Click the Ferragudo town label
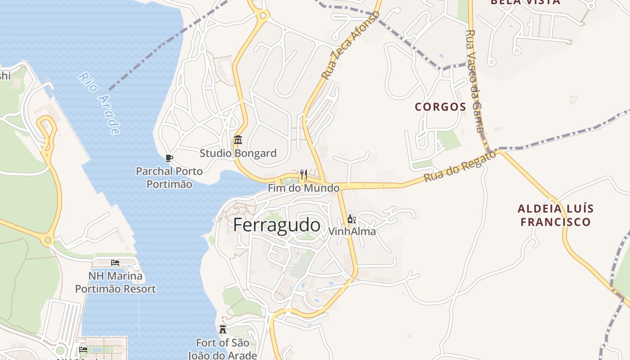(277, 225)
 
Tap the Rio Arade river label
(99, 103)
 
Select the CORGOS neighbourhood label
(440, 107)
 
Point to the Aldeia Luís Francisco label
(555, 215)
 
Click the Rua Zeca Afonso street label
(351, 45)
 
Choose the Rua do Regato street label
(459, 166)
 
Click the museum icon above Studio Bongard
(238, 140)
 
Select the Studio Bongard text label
(238, 153)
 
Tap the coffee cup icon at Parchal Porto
(169, 158)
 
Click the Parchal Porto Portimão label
(169, 178)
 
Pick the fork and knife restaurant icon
(304, 174)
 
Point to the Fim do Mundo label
(304, 188)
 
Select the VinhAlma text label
(352, 232)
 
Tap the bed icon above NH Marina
(115, 262)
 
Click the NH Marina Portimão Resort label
(115, 282)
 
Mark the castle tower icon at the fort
(223, 329)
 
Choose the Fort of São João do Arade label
(222, 349)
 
